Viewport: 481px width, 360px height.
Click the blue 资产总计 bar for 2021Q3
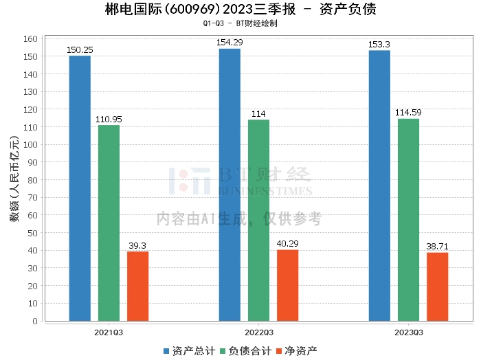coord(80,188)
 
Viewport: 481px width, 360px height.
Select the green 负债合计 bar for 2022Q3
coord(258,220)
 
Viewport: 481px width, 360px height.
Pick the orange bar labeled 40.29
coord(287,285)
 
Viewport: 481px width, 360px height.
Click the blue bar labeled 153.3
coord(379,185)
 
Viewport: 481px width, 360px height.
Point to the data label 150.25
coord(80,50)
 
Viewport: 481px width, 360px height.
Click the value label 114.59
coord(408,113)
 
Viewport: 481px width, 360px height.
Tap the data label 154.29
coord(230,43)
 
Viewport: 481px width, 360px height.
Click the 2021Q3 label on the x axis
coord(109,332)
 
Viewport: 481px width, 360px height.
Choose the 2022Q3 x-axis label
coord(258,332)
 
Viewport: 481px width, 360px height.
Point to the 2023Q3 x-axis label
coord(408,332)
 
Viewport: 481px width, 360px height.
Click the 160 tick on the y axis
coord(29,38)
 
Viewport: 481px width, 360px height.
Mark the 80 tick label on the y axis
coord(32,180)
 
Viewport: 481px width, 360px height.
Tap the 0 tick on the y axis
coord(34,321)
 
